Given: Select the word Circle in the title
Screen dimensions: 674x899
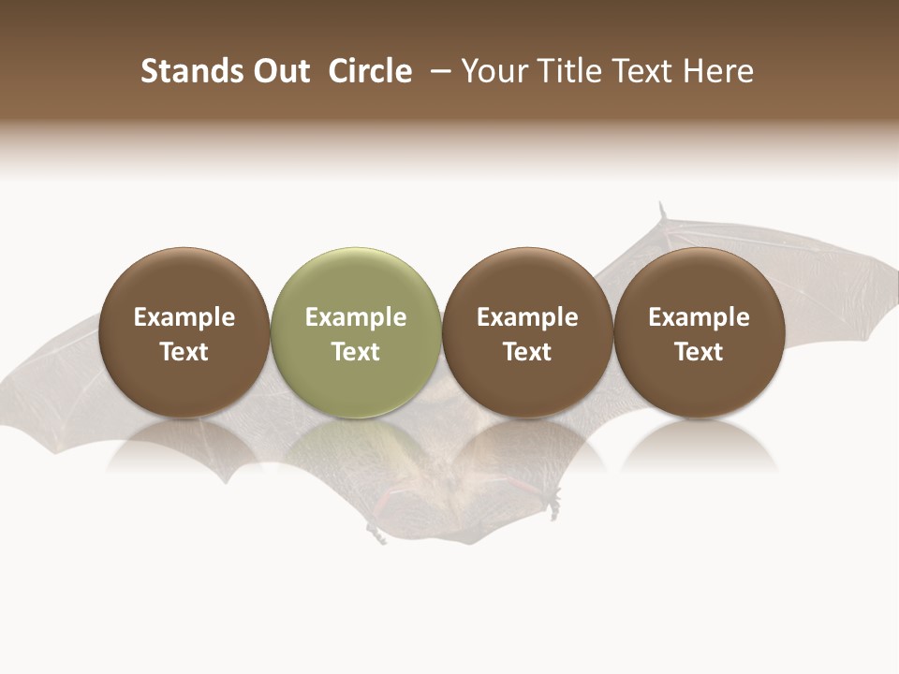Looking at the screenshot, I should click(370, 71).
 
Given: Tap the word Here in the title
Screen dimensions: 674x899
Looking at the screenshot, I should click(718, 71).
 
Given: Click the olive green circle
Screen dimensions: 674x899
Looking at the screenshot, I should click(356, 332).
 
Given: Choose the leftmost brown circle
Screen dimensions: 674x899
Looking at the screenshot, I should click(184, 332).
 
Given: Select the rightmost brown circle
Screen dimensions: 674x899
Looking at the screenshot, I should click(699, 332).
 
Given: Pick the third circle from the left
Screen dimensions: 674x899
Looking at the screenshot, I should click(527, 332).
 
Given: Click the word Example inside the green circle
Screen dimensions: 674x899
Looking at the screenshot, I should click(356, 317).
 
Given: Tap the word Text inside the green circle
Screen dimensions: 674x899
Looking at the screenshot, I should click(356, 352).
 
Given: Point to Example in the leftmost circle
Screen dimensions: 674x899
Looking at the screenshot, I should click(184, 317).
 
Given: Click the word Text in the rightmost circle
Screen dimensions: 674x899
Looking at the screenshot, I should click(699, 352).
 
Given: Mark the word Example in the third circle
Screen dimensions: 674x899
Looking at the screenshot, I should click(527, 317).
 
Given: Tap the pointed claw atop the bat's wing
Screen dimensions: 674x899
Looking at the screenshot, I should click(662, 212).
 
